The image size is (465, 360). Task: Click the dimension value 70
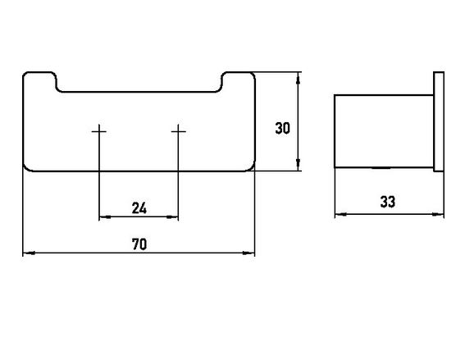pyautogui.click(x=139, y=244)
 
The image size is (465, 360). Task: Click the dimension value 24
pyautogui.click(x=139, y=207)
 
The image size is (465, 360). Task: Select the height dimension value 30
pyautogui.click(x=282, y=129)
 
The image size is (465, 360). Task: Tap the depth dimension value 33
pyautogui.click(x=388, y=202)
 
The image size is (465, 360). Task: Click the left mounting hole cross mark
pyautogui.click(x=99, y=131)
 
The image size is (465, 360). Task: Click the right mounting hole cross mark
pyautogui.click(x=178, y=131)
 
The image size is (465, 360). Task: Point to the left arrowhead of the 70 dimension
pyautogui.click(x=29, y=253)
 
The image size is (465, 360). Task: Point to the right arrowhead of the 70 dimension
pyautogui.click(x=248, y=253)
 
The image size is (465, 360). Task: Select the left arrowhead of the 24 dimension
pyautogui.click(x=105, y=217)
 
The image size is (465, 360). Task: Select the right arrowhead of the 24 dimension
pyautogui.click(x=172, y=217)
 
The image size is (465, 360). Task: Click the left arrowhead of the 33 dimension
pyautogui.click(x=340, y=214)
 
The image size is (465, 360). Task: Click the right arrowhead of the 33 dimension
pyautogui.click(x=438, y=214)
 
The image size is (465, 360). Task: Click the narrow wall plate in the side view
pyautogui.click(x=439, y=121)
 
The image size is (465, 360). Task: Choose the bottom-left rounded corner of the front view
pyautogui.click(x=26, y=169)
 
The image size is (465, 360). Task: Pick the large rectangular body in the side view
pyautogui.click(x=384, y=131)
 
